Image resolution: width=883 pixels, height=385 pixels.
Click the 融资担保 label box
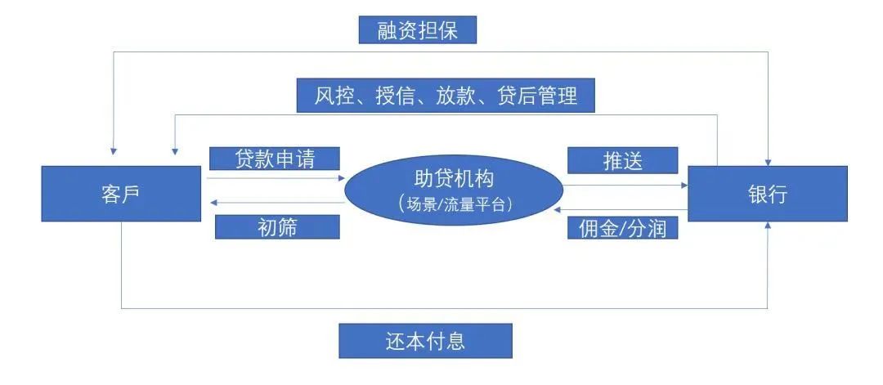point(417,29)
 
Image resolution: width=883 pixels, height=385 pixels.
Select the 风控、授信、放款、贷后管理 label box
point(446,95)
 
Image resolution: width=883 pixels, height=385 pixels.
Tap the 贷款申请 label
point(274,158)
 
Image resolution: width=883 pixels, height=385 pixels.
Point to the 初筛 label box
point(277,227)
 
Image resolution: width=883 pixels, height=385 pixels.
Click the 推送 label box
point(622,160)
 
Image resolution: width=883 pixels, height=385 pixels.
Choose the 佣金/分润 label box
point(622,228)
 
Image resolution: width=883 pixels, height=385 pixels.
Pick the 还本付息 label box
point(425,341)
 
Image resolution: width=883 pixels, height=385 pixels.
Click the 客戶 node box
point(121,194)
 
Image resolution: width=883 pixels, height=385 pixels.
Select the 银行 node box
point(768,194)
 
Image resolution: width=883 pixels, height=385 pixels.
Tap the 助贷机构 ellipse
point(454,190)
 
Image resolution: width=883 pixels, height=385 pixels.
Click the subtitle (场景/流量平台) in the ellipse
point(454,204)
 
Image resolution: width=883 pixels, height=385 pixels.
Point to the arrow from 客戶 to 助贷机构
point(276,178)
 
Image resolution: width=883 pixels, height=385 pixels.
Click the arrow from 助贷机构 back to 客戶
point(276,203)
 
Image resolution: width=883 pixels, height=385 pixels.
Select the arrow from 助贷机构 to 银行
point(625,185)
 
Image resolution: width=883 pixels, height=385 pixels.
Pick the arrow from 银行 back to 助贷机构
point(621,209)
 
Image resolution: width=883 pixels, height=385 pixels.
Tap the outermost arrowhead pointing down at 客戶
point(114,151)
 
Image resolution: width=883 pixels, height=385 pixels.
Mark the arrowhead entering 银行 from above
point(768,163)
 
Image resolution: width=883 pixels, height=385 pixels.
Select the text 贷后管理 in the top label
point(538,96)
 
